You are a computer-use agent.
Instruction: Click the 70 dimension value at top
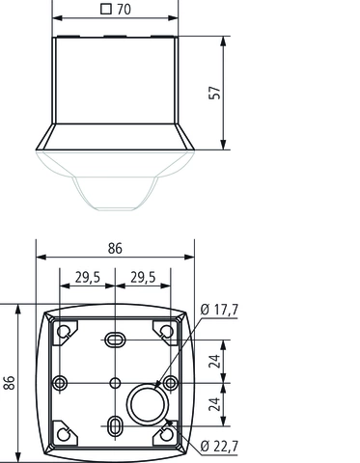125,9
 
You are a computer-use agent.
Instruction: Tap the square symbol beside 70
106,9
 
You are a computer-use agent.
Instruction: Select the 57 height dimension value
215,93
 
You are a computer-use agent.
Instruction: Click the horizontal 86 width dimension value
115,249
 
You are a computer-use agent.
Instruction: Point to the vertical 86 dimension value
10,382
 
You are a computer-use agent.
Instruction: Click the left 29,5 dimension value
88,278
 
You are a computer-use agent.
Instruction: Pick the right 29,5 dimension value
143,278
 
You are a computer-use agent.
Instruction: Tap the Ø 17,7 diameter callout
219,310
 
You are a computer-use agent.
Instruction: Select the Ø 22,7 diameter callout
219,447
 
